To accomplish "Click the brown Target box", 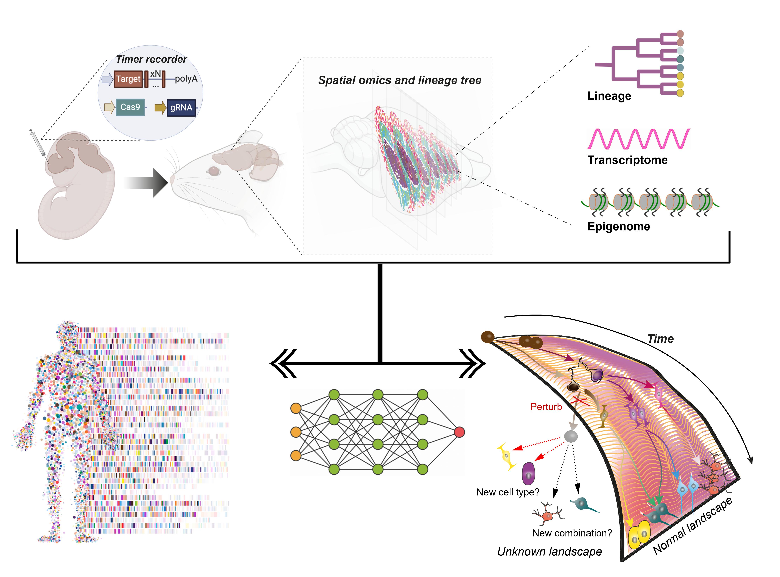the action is click(128, 79).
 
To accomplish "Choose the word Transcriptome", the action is click(627, 160).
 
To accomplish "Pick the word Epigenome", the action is click(619, 226).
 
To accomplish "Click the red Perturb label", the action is click(546, 407).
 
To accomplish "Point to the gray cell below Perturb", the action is click(571, 436).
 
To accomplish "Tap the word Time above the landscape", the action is click(661, 339).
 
